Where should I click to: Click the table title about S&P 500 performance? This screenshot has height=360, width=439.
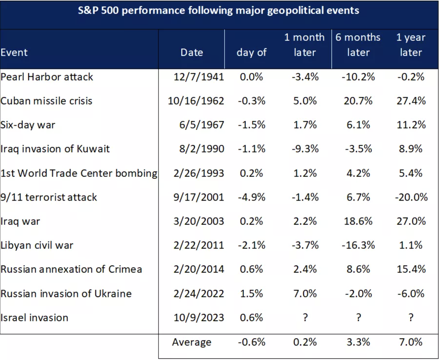pyautogui.click(x=219, y=11)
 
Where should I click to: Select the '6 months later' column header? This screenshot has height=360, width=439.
pyautogui.click(x=358, y=45)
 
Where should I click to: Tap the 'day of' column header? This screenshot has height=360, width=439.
pyautogui.click(x=252, y=52)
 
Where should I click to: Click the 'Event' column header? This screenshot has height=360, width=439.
pyautogui.click(x=14, y=52)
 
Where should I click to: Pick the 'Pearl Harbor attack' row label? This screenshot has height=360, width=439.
pyautogui.click(x=47, y=77)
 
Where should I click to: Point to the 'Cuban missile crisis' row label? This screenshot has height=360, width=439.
pyautogui.click(x=46, y=101)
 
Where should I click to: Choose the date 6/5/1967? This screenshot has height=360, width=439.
pyautogui.click(x=202, y=125)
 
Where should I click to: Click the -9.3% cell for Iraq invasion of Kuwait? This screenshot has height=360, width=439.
pyautogui.click(x=305, y=149)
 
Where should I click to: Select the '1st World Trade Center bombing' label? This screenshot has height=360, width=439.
pyautogui.click(x=79, y=173)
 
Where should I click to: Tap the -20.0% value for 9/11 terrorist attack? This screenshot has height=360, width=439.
pyautogui.click(x=411, y=197)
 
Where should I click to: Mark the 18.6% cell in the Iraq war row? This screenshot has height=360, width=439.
pyautogui.click(x=358, y=221)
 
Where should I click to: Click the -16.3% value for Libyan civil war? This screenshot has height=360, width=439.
pyautogui.click(x=358, y=245)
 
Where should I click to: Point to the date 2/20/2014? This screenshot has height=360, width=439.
pyautogui.click(x=199, y=269)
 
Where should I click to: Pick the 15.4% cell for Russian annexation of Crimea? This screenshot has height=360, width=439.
pyautogui.click(x=411, y=269)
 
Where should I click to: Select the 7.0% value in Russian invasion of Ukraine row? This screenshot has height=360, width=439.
pyautogui.click(x=305, y=293)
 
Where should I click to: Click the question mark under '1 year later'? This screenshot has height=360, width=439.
pyautogui.click(x=411, y=317)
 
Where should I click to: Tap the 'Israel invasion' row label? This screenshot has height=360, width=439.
pyautogui.click(x=34, y=318)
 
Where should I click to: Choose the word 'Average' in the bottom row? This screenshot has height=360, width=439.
pyautogui.click(x=192, y=342)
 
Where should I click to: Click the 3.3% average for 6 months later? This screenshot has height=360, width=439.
pyautogui.click(x=358, y=342)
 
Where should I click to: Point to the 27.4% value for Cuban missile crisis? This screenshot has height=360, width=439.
pyautogui.click(x=411, y=101)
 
